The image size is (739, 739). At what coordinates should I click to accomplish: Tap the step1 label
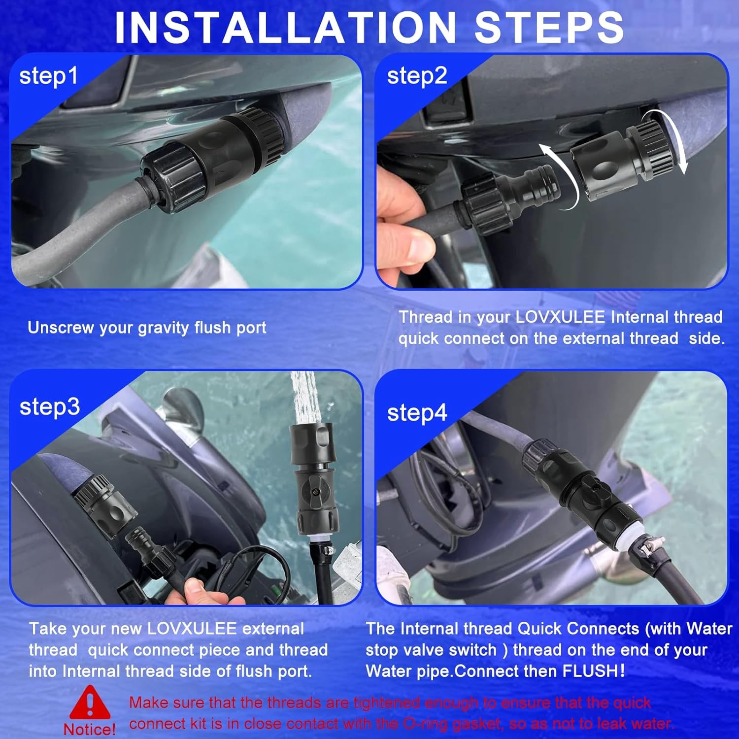pos(49,77)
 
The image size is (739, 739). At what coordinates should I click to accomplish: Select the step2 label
pos(417,77)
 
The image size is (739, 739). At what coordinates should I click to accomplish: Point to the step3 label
pos(49,407)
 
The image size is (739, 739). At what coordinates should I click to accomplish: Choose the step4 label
pos(417,413)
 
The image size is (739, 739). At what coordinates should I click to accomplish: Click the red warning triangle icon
pos(90,703)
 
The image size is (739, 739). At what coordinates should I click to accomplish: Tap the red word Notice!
pos(89,729)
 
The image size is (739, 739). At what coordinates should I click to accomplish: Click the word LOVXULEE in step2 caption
pos(560,317)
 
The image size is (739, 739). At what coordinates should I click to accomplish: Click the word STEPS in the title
pos(549,27)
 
